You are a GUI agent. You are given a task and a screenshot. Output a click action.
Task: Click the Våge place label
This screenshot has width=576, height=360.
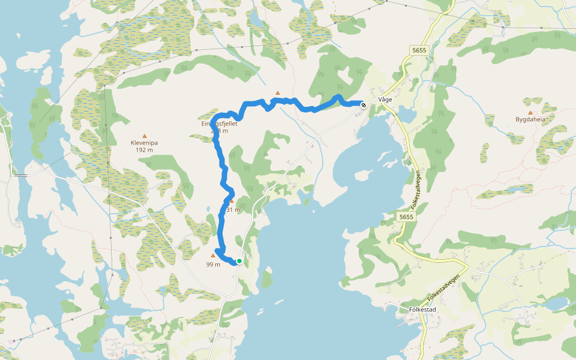(385, 100)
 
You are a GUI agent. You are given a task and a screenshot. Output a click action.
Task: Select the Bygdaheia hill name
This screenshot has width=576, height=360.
(530, 119)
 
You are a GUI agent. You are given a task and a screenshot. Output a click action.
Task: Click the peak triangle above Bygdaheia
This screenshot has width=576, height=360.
(530, 112)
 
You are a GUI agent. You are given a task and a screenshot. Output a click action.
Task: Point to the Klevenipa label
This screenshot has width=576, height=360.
(144, 143)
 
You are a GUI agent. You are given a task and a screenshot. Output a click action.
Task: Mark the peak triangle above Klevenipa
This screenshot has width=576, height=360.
(144, 136)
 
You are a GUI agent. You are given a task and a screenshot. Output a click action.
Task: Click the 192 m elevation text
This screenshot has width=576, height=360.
(144, 151)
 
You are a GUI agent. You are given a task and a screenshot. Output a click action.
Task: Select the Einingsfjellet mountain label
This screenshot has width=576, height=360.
(220, 124)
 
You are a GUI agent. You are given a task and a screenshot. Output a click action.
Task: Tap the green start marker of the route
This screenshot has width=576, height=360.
(239, 261)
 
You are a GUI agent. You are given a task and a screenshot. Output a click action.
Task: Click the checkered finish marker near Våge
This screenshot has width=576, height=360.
(364, 104)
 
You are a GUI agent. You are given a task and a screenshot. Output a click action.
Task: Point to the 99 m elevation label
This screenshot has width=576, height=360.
(213, 265)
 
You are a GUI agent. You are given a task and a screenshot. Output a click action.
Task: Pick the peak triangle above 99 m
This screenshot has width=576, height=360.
(212, 256)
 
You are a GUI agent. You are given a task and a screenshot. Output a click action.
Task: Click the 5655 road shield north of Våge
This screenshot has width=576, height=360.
(419, 50)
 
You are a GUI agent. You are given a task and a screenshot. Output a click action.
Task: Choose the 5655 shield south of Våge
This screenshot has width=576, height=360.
(406, 216)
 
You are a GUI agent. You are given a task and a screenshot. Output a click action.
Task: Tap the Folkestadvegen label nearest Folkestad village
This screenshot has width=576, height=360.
(444, 289)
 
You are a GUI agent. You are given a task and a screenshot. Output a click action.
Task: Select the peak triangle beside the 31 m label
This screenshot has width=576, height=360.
(232, 201)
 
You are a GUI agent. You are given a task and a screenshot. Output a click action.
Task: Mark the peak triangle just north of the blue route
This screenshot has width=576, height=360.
(278, 93)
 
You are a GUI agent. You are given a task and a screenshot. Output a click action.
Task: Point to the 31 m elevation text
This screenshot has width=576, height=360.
(233, 210)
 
